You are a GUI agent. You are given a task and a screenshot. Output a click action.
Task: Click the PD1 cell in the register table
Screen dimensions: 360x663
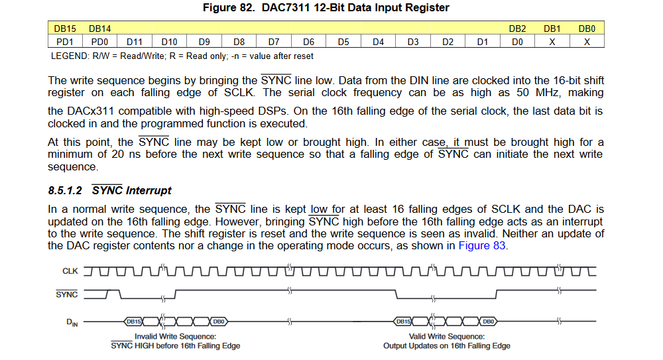(x=65, y=42)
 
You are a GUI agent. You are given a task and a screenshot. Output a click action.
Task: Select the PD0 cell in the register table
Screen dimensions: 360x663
(x=99, y=42)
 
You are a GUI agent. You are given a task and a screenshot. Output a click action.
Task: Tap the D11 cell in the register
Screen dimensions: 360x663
(x=135, y=42)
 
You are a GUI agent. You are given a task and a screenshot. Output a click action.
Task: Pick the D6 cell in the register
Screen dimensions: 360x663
(x=308, y=42)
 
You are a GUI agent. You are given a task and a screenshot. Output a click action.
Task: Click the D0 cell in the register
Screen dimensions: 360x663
(x=517, y=42)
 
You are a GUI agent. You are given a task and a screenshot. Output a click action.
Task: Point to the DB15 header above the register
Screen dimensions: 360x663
(x=64, y=29)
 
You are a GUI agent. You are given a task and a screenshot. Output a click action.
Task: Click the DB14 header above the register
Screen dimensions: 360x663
(x=99, y=29)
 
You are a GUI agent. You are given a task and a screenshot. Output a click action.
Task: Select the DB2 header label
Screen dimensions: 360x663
(x=517, y=29)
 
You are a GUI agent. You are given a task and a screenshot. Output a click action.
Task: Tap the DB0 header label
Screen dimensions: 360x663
(x=587, y=29)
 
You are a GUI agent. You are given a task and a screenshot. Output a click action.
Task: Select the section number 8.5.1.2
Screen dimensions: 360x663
(x=65, y=191)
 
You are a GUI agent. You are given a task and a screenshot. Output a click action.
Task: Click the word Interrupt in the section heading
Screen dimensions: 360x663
(x=149, y=191)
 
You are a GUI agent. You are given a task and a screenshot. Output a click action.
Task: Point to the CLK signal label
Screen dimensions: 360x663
(x=70, y=271)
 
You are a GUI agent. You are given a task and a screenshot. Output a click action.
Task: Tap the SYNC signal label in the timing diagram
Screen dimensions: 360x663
(x=66, y=294)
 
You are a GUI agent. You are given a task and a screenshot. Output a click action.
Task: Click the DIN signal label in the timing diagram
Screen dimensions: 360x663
(x=72, y=322)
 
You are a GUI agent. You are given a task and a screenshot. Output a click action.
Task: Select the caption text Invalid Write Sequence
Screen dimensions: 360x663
(x=175, y=336)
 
